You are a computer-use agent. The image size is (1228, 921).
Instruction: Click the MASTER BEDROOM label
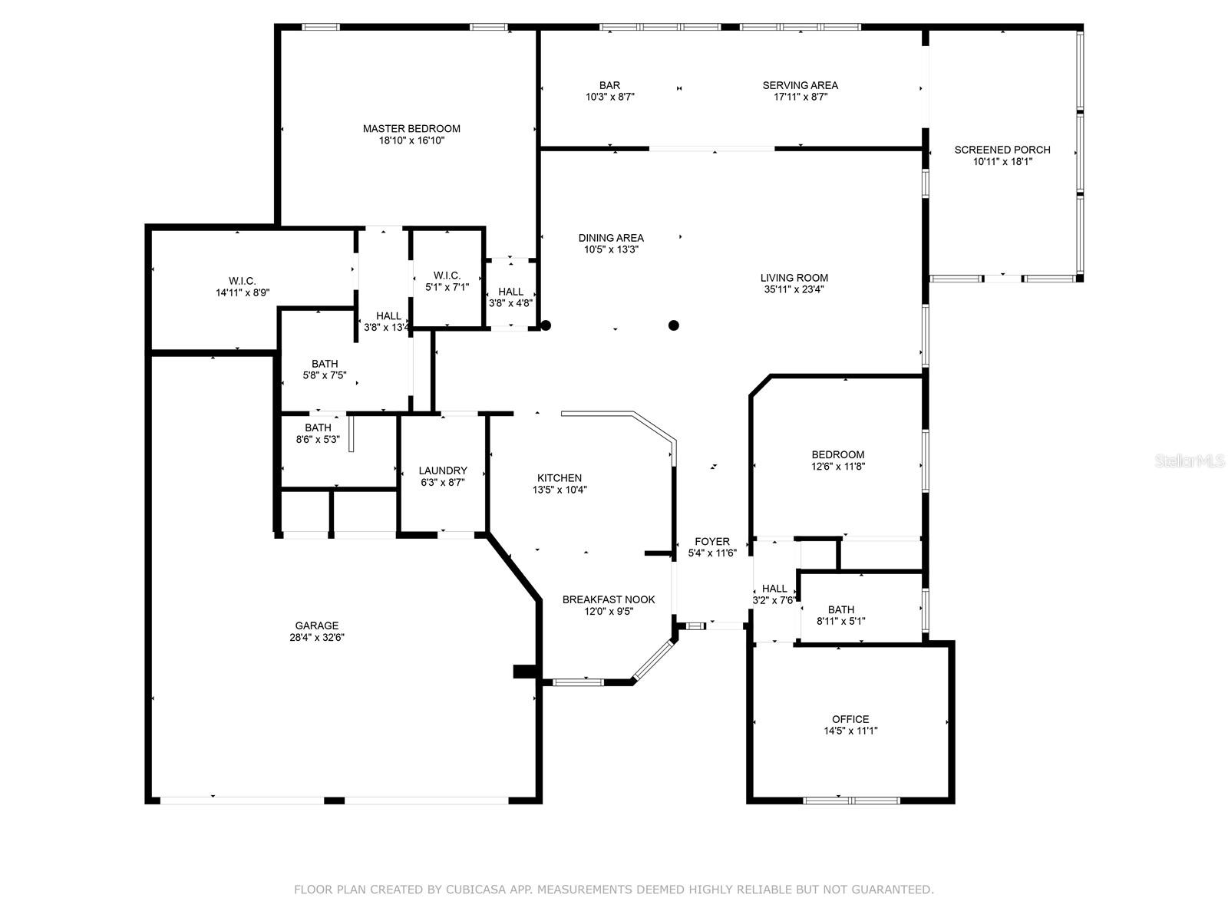point(411,128)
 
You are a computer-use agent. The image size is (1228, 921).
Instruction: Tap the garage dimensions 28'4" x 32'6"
point(317,637)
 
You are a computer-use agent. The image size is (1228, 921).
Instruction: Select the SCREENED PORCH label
point(1002,150)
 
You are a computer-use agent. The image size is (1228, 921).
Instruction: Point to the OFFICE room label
point(850,719)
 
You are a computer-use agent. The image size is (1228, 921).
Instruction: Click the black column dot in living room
point(674,325)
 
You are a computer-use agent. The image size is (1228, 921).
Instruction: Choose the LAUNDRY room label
point(443,470)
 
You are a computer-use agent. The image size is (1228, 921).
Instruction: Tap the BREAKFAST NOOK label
point(609,599)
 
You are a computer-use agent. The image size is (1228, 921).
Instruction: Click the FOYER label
point(712,541)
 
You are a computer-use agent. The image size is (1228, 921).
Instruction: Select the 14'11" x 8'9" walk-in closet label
point(243,292)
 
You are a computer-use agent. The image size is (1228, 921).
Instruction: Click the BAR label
point(610,85)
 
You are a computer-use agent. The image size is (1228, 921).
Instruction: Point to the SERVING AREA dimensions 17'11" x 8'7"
point(800,97)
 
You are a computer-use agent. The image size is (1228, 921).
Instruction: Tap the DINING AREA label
point(611,238)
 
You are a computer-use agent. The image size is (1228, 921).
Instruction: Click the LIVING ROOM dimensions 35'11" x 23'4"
point(794,289)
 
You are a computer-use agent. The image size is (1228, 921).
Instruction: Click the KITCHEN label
point(560,477)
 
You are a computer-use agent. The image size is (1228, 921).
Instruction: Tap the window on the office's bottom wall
point(851,801)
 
